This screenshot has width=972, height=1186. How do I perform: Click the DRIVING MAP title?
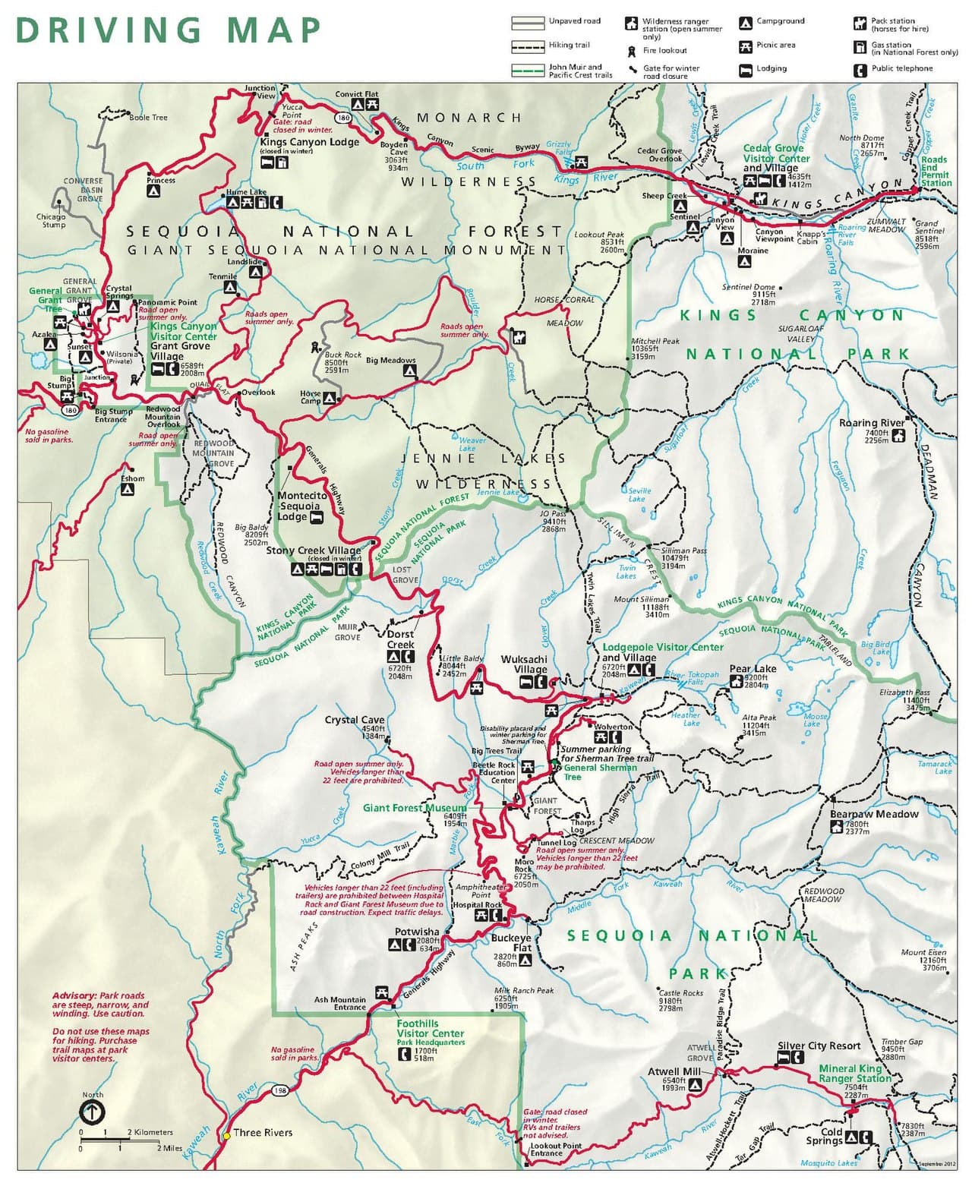pyautogui.click(x=169, y=30)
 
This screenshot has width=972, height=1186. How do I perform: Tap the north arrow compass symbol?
pyautogui.click(x=93, y=1112)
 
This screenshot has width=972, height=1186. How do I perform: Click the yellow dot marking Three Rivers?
pyautogui.click(x=226, y=1135)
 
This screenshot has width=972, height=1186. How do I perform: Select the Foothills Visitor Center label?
pyautogui.click(x=429, y=1028)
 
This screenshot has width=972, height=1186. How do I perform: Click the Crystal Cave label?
pyautogui.click(x=355, y=720)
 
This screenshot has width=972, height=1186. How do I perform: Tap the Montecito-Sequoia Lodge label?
pyautogui.click(x=301, y=506)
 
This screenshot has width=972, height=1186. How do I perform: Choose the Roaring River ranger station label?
pyautogui.click(x=871, y=423)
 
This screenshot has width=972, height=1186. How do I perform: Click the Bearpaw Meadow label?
pyautogui.click(x=873, y=814)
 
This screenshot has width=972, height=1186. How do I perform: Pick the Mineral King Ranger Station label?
pyautogui.click(x=854, y=1073)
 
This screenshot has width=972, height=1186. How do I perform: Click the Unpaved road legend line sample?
pyautogui.click(x=527, y=22)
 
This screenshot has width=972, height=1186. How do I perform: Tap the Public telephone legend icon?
pyautogui.click(x=860, y=70)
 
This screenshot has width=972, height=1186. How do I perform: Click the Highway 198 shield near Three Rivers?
pyautogui.click(x=280, y=1090)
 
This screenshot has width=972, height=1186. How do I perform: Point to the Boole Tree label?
pyautogui.click(x=148, y=118)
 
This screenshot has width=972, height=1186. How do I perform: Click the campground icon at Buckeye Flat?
pyautogui.click(x=525, y=960)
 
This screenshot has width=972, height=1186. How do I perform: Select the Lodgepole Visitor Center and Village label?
pyautogui.click(x=662, y=652)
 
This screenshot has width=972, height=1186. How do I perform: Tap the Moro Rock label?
pyautogui.click(x=524, y=866)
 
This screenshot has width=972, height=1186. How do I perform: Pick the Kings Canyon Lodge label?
pyautogui.click(x=309, y=142)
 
